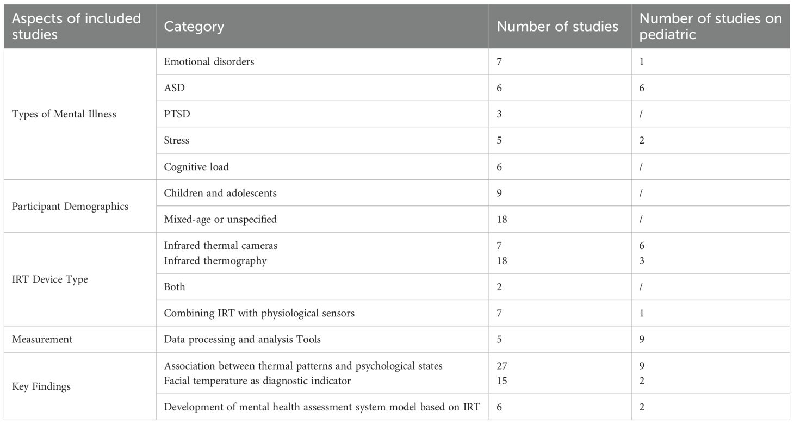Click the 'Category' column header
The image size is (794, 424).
coord(194,27)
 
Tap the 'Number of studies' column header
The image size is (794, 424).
coord(557,27)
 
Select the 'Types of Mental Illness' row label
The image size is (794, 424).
coord(64,114)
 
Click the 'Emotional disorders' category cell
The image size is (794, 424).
coord(209,61)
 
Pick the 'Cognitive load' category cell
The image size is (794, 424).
coord(196,167)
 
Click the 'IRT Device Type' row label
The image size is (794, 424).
coord(49,279)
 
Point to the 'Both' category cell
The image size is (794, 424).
coord(175,286)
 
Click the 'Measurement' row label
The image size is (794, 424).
coord(42,339)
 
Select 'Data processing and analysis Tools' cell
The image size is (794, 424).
coord(242,339)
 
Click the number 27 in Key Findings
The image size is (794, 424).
coord(502,366)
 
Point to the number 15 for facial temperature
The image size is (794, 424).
coord(502,381)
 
